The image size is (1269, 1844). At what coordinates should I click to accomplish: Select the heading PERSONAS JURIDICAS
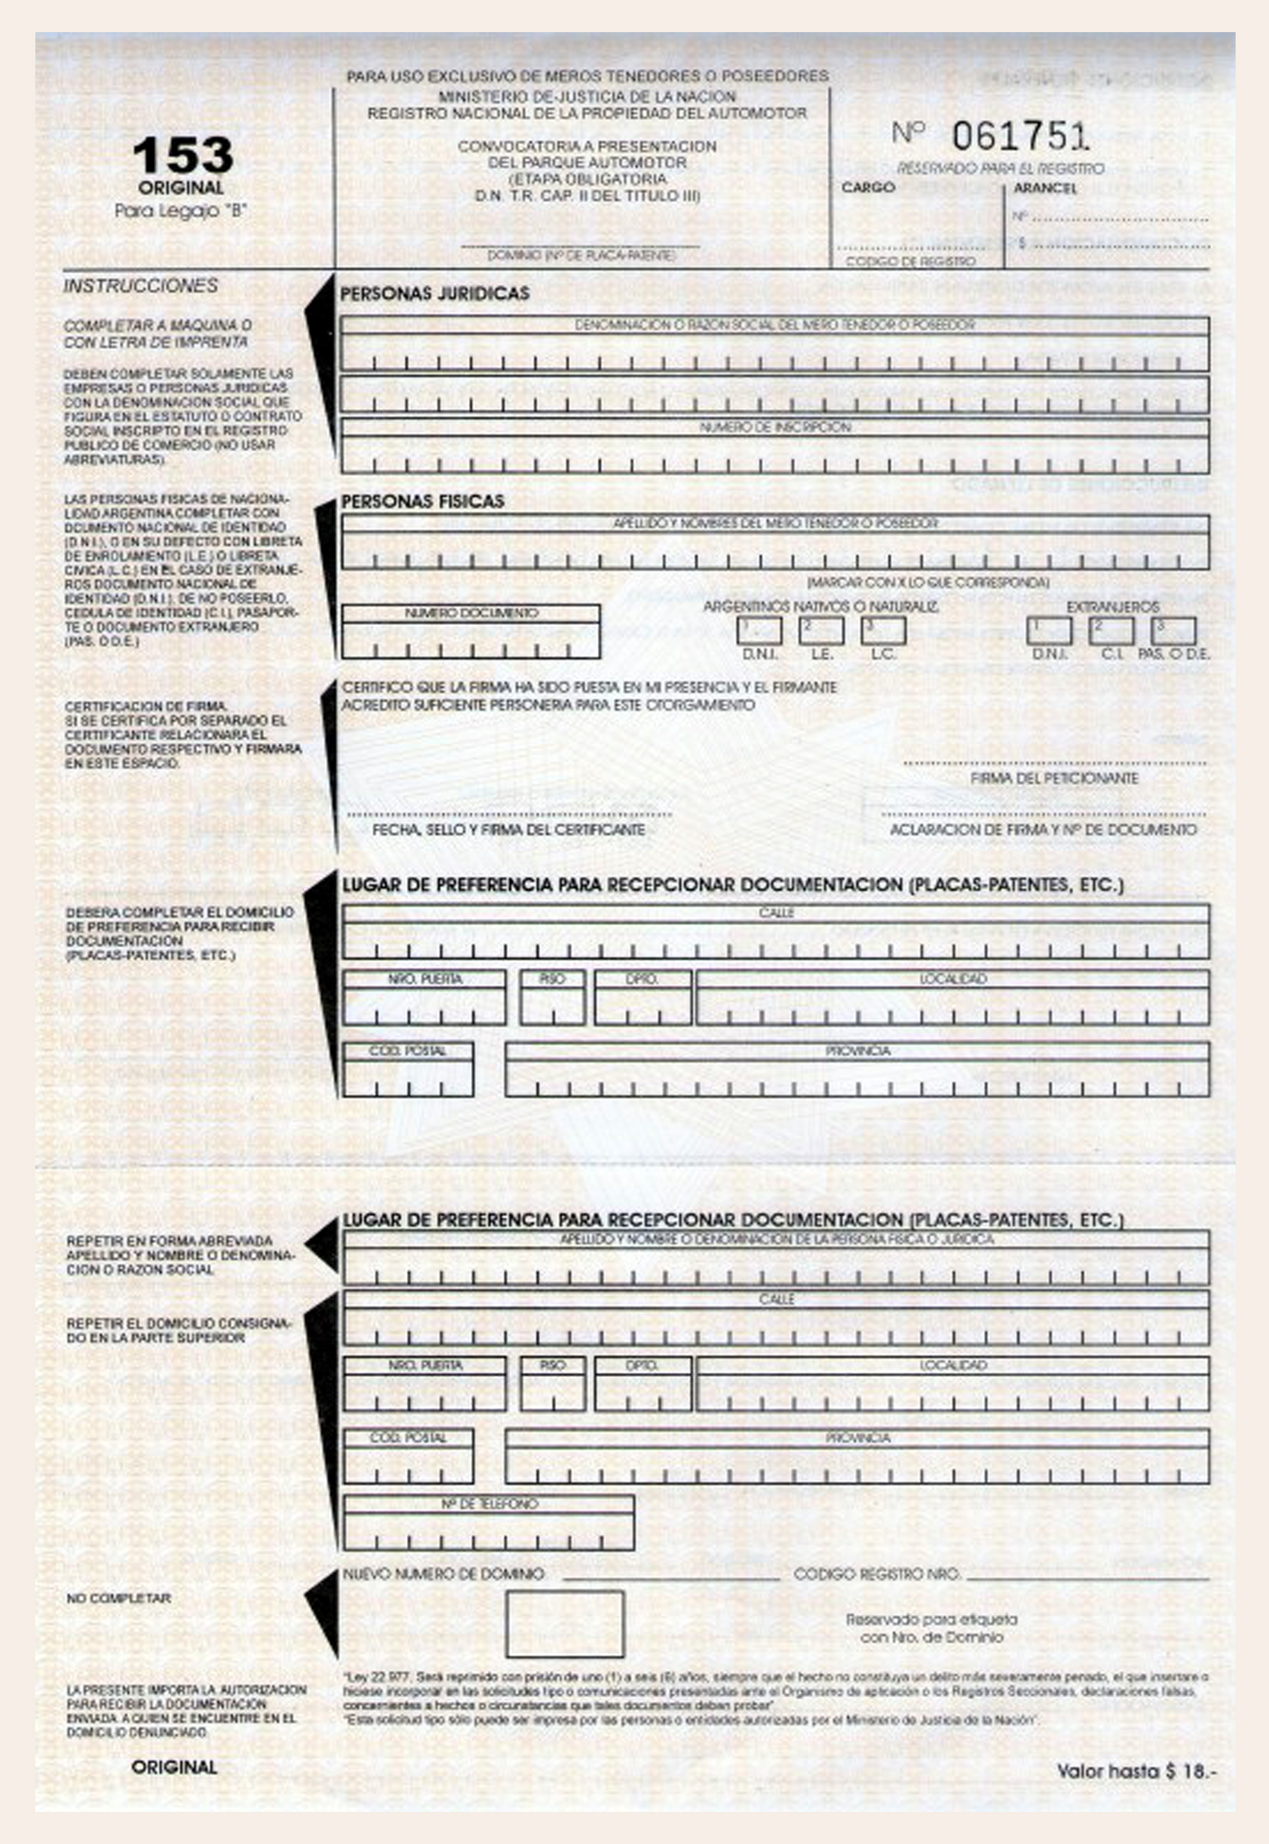[435, 294]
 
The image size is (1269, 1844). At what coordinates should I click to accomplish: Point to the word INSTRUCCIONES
[141, 285]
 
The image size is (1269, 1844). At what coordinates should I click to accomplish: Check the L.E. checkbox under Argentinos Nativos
[821, 631]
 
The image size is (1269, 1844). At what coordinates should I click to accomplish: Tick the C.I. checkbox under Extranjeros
[1111, 631]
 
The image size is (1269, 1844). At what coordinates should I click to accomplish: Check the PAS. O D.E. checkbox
[1173, 631]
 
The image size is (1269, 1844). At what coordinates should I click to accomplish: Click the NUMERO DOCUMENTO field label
[471, 613]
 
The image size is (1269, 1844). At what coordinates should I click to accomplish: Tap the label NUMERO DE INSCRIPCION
[775, 427]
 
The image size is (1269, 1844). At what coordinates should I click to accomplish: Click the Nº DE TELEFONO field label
[489, 1504]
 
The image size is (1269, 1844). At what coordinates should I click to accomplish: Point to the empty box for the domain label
[564, 1624]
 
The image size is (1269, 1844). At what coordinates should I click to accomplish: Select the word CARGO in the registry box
[868, 188]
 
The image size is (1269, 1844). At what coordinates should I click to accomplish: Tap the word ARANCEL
[1045, 188]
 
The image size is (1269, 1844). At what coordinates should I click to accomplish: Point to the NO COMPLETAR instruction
[118, 1598]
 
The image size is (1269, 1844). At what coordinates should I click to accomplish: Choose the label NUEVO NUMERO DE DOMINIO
[443, 1574]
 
